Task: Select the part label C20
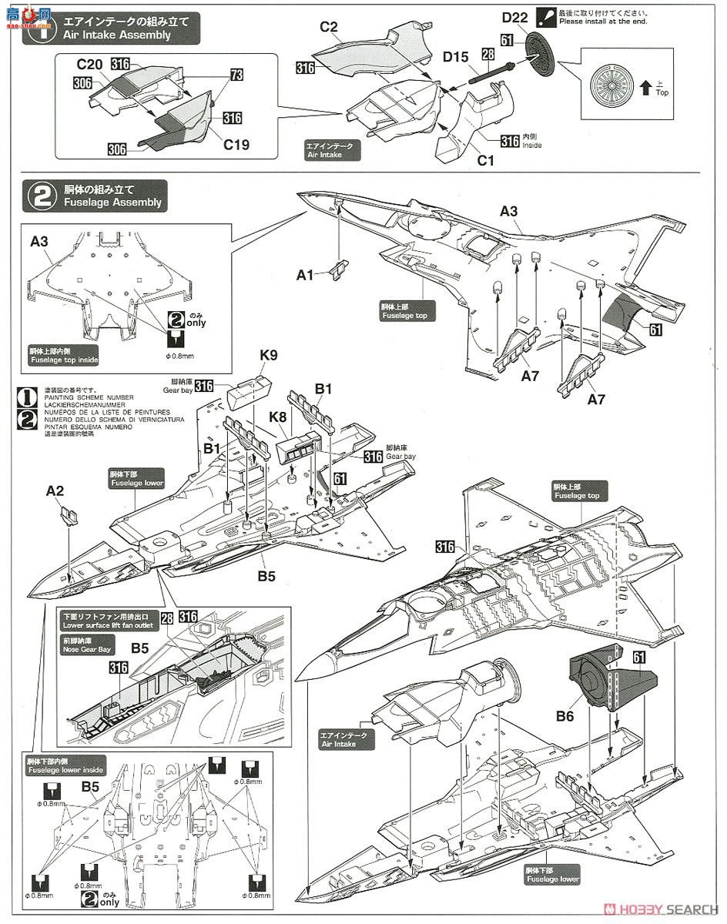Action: pos(91,64)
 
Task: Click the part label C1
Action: pos(485,162)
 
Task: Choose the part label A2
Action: pos(56,490)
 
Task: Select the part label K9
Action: pos(269,356)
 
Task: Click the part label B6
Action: pos(566,716)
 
